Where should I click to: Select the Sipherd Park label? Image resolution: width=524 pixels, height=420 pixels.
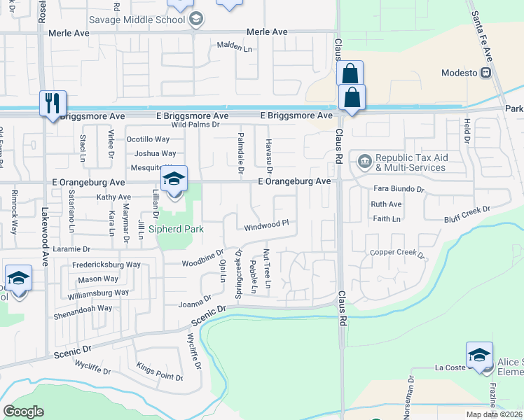[180, 229]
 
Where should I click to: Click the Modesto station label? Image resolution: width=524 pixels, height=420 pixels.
[460, 73]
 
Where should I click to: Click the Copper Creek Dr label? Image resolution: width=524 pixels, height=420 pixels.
[398, 252]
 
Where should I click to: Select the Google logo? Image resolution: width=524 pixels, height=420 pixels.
[23, 412]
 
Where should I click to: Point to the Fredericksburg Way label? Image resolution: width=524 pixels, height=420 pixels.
[106, 265]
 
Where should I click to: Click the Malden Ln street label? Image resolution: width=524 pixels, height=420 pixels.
[234, 48]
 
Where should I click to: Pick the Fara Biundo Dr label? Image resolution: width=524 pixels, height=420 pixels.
[399, 189]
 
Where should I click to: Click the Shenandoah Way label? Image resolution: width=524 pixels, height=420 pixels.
[83, 308]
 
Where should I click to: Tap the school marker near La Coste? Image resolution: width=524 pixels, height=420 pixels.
[479, 355]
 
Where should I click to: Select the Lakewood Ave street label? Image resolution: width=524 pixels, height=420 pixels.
[46, 230]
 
